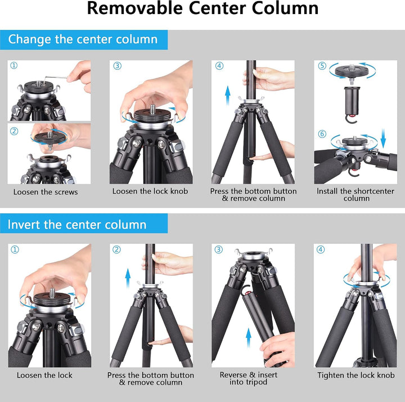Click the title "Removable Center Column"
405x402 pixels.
(202, 8)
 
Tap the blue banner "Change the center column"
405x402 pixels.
(84, 39)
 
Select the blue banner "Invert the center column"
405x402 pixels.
(84, 224)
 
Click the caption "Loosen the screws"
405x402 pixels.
(46, 192)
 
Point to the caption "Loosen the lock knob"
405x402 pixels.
(150, 191)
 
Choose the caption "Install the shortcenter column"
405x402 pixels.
(355, 195)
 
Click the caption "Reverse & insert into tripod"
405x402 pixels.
(249, 378)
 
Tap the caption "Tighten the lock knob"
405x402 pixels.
(356, 375)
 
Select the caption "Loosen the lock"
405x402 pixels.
(44, 375)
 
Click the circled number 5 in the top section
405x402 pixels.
(322, 66)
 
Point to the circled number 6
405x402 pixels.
(322, 134)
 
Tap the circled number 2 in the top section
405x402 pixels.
(14, 131)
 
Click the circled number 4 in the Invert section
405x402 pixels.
(321, 249)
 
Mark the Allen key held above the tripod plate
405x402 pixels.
(58, 78)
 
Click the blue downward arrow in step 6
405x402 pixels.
(383, 139)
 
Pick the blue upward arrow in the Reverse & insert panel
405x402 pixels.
(249, 338)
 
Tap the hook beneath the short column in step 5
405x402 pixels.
(351, 119)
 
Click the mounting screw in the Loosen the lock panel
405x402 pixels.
(52, 293)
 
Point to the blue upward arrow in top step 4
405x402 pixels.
(228, 96)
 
